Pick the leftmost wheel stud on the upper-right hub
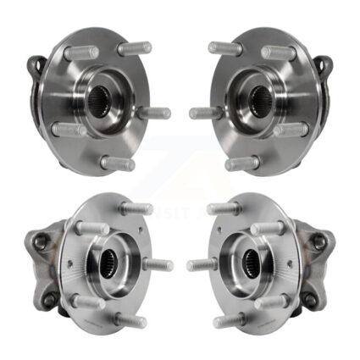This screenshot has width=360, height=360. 204,113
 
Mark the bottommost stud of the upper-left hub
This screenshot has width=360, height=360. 118,163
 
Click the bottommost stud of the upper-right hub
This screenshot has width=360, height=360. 241,163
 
